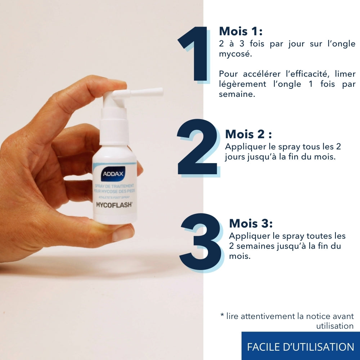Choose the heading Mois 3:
(x=251, y=223)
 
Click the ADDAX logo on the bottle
(x=113, y=174)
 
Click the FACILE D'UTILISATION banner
(x=301, y=347)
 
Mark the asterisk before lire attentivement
(x=222, y=315)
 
